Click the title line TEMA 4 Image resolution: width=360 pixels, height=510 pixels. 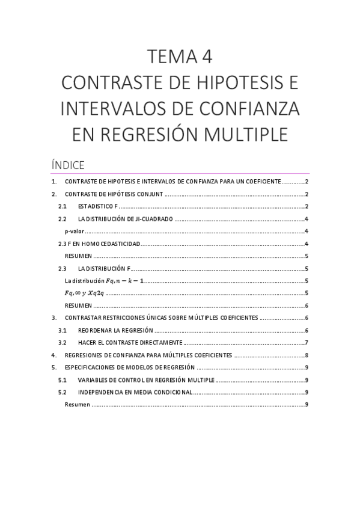180,57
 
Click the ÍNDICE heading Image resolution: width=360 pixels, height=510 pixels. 68,164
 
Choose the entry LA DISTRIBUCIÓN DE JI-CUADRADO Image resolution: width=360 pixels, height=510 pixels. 126,219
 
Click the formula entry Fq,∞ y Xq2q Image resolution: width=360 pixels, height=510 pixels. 84,293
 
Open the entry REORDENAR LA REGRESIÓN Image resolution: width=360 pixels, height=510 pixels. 115,330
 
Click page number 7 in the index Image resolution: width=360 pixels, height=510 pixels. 307,342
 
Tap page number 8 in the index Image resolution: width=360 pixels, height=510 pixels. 307,355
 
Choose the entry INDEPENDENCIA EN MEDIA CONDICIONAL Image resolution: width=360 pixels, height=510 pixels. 135,392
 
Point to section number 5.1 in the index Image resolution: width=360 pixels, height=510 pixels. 63,379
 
